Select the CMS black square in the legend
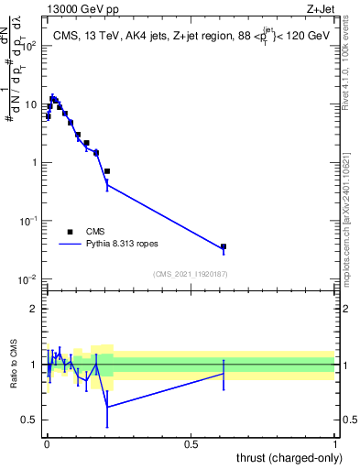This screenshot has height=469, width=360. coord(70,232)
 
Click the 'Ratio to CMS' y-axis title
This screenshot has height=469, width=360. coord(13,365)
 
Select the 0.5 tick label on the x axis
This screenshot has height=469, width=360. coord(191,444)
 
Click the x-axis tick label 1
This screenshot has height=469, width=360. coord(335,444)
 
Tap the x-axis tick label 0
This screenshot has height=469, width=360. coord(47,444)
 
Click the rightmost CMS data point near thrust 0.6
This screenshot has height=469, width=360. coord(224,246)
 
